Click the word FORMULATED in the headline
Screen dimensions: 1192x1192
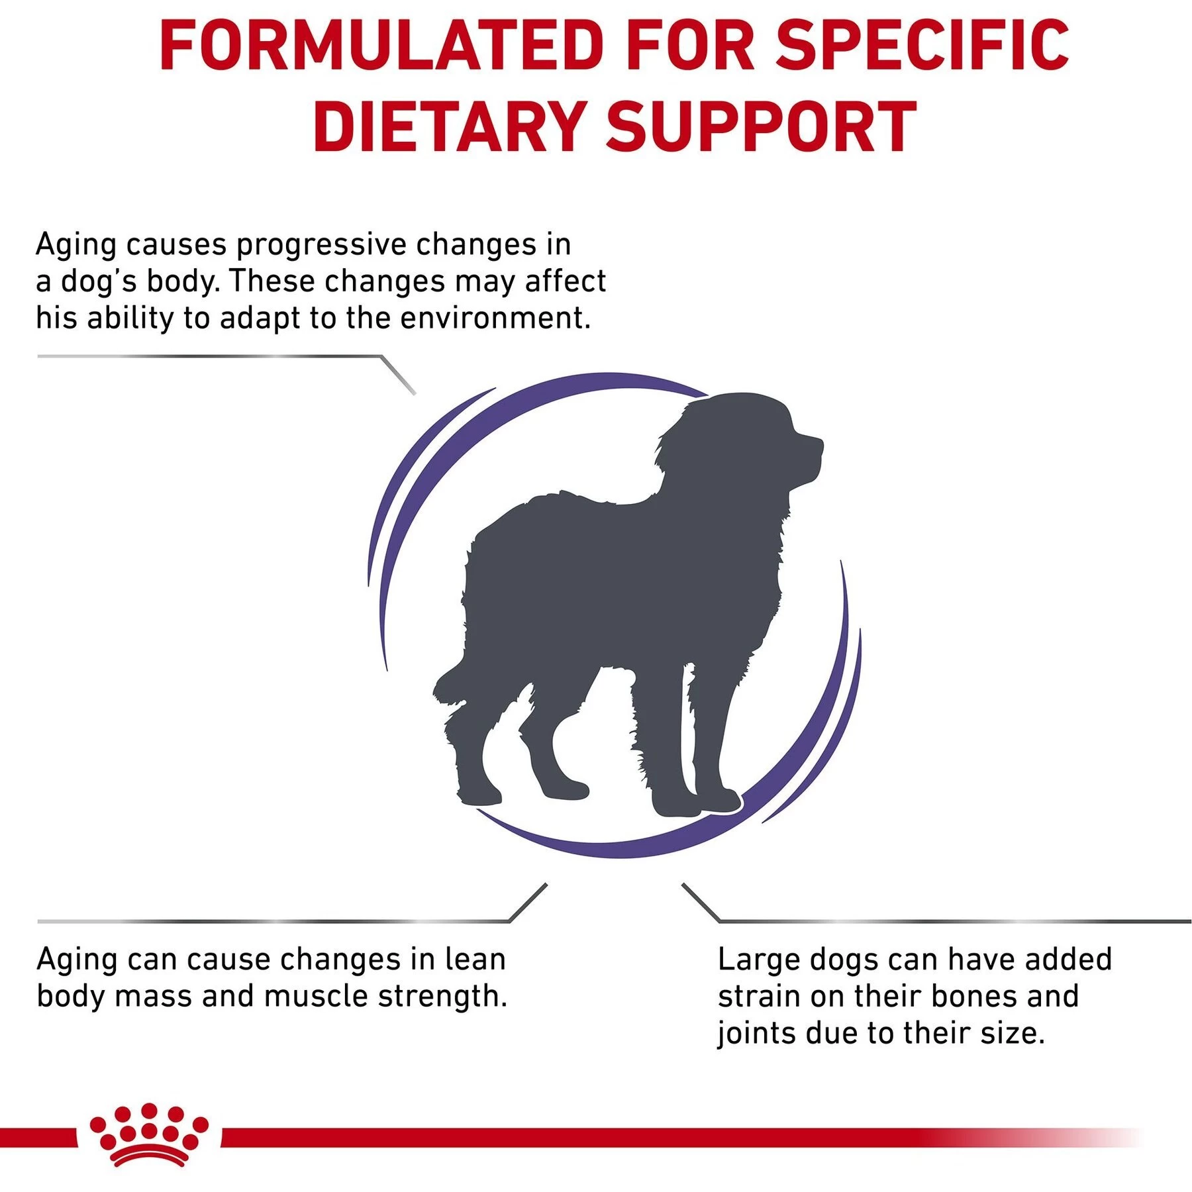[x=381, y=45]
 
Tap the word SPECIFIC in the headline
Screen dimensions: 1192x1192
[x=922, y=45]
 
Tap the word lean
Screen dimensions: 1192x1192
[x=475, y=960]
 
